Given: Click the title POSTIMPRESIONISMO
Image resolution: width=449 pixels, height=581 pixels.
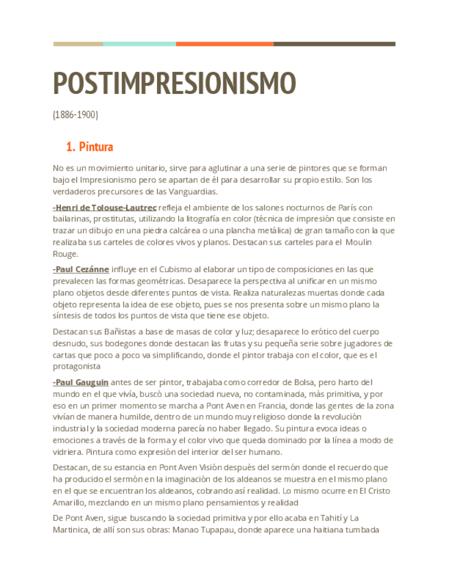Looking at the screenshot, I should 174,83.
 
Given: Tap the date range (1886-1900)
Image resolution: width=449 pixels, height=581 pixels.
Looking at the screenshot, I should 75,115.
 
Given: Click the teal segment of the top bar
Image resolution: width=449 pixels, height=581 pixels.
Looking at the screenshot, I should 139,44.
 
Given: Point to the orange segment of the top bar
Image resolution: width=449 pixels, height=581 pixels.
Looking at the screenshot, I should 224,44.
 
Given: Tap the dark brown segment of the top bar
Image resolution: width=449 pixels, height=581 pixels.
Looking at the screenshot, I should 334,44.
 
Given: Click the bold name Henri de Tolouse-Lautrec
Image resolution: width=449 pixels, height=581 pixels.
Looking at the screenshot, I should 105,208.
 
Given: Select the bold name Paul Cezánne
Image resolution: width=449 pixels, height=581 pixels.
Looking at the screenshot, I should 80,269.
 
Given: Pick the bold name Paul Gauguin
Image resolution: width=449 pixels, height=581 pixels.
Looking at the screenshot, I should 81,382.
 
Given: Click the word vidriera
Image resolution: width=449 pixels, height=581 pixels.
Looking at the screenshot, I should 69,452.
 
